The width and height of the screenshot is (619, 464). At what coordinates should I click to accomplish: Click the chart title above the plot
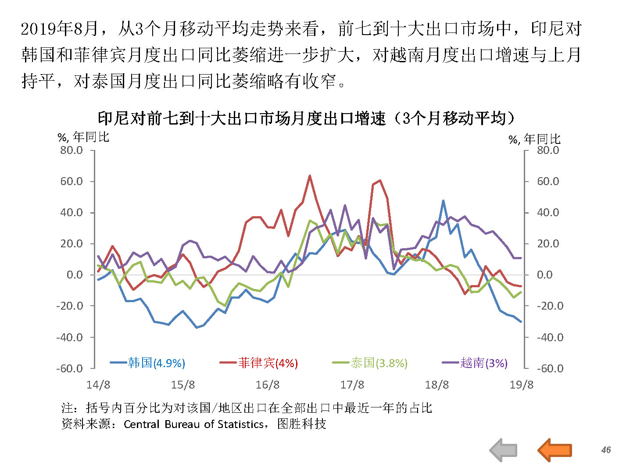pos(306,118)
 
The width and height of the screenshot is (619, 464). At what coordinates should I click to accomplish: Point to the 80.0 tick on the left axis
pos(72,150)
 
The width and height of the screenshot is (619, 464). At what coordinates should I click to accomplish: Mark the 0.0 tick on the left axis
pos(75,275)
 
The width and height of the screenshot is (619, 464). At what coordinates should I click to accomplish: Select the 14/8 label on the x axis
pos(98,385)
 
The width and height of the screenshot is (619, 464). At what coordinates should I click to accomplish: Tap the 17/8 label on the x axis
pos(352,385)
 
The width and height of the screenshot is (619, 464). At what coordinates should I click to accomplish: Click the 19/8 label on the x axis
pos(521,385)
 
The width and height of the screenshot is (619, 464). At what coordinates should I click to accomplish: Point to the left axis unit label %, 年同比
pos(83,137)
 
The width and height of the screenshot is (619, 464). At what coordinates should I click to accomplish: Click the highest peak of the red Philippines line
pos(310,176)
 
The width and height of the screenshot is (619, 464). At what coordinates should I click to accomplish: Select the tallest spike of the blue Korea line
pos(444,201)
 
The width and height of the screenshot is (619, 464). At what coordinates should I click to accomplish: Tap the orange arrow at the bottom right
pos(555,450)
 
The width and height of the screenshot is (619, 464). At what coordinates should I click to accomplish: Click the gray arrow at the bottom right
pos(503,450)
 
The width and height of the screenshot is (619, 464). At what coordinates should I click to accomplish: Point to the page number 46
pos(606,450)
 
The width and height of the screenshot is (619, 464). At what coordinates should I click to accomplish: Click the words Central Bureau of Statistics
pos(193,424)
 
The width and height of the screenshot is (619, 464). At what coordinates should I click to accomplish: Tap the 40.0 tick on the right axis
pos(548,213)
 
